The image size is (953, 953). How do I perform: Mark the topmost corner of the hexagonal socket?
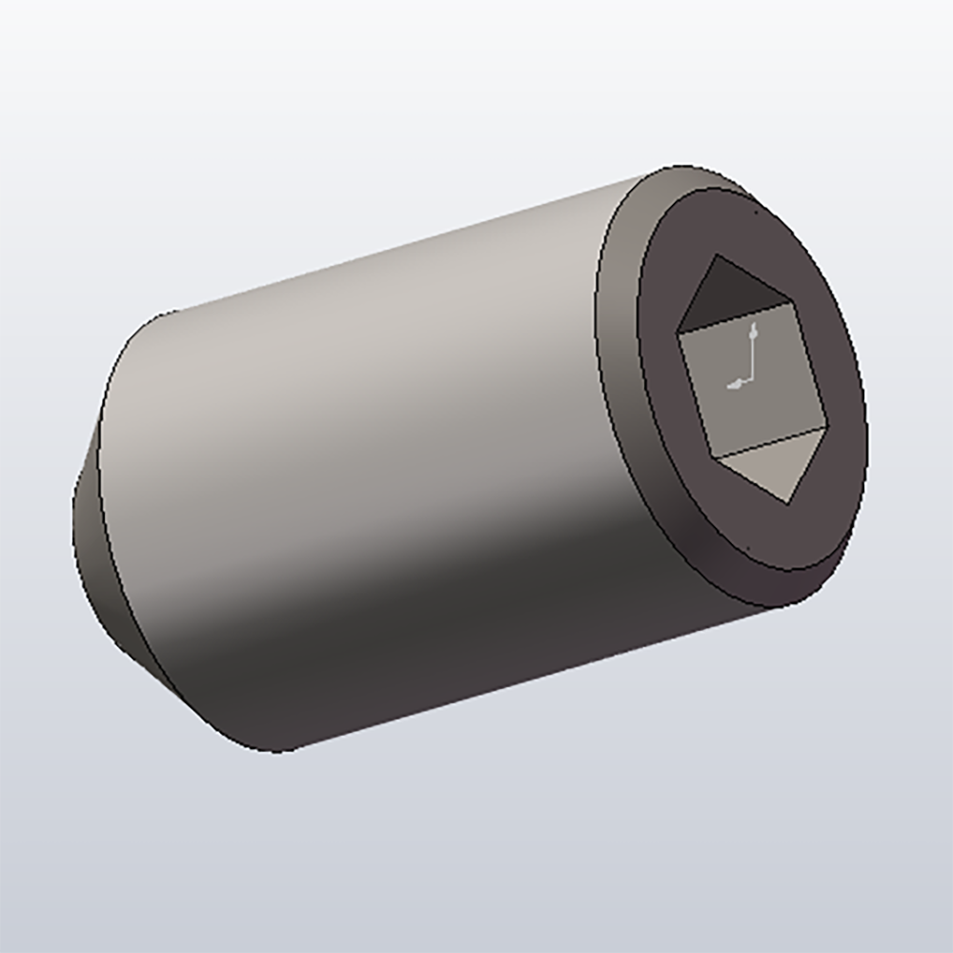[718, 255]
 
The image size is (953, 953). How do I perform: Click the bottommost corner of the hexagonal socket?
[790, 501]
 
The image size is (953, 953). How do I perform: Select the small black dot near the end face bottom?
[749, 548]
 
